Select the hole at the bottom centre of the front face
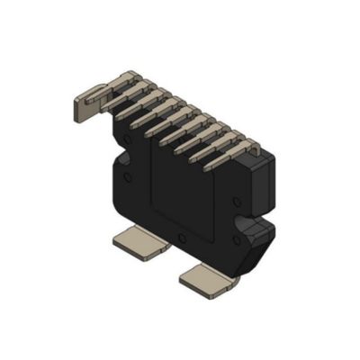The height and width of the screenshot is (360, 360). (x=183, y=238)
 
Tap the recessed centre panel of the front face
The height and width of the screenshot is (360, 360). (x=184, y=193)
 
